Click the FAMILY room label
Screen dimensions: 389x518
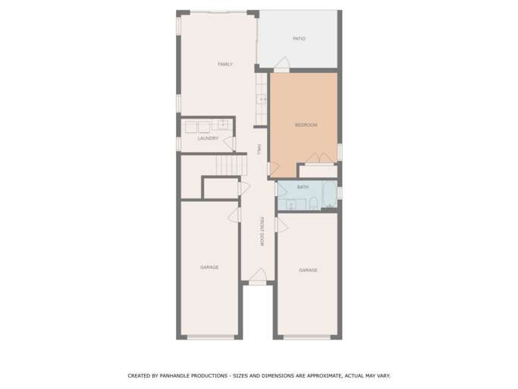click(224, 65)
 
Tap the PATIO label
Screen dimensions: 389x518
click(299, 39)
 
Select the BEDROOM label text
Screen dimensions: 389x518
click(306, 125)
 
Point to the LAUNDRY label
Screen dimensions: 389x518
click(208, 138)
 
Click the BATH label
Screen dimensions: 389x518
click(303, 187)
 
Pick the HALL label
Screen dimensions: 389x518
click(259, 150)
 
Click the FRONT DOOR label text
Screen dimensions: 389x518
click(262, 232)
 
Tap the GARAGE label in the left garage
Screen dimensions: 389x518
click(209, 267)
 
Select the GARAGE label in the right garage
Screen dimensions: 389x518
click(308, 270)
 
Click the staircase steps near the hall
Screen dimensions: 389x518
click(231, 165)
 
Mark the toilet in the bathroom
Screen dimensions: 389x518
click(312, 203)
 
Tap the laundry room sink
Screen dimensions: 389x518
click(223, 125)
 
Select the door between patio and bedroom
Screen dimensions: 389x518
click(281, 64)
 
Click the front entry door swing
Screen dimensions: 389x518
click(258, 275)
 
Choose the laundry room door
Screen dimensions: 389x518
click(229, 142)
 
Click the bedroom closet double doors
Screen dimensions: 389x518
click(319, 158)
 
